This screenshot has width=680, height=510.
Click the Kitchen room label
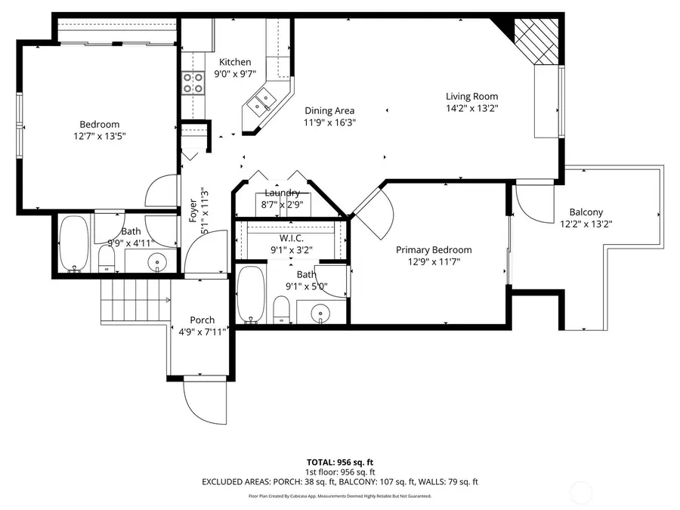tap(235, 62)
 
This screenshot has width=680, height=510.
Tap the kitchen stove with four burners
tap(193, 82)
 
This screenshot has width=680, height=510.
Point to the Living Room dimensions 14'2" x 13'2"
tap(471, 108)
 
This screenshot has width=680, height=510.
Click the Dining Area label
tap(329, 111)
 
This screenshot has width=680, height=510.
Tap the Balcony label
tap(586, 212)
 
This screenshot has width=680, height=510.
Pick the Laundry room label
tap(283, 193)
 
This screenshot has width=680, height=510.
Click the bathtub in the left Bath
tap(74, 244)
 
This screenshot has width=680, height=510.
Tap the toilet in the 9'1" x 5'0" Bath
tap(281, 309)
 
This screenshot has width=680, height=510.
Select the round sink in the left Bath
tap(158, 262)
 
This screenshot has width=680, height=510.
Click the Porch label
tap(202, 320)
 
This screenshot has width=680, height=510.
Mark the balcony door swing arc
tap(533, 204)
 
